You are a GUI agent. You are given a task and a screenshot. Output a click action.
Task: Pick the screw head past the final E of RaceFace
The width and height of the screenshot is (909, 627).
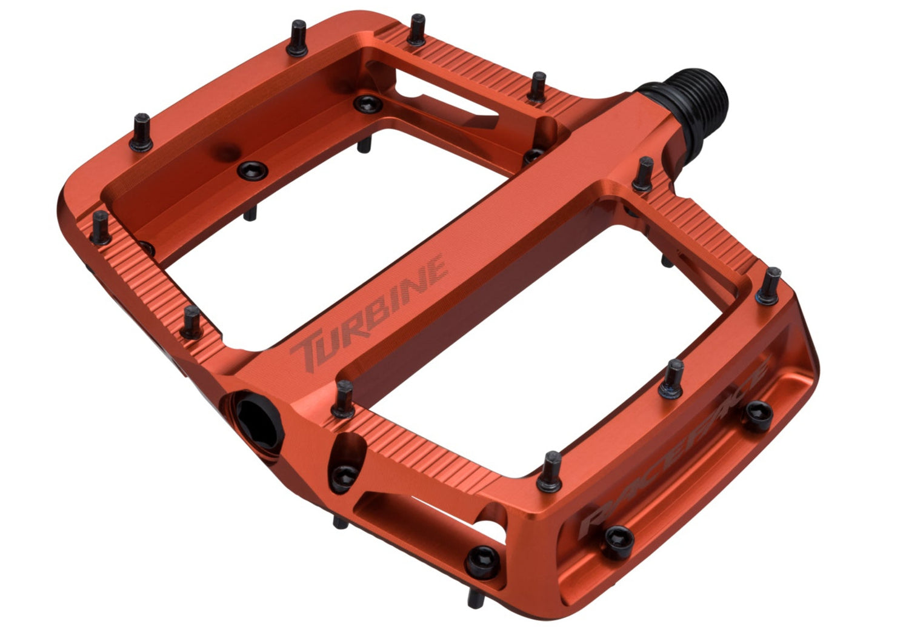[758, 413]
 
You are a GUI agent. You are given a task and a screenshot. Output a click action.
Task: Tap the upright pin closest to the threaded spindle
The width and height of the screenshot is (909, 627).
[643, 173]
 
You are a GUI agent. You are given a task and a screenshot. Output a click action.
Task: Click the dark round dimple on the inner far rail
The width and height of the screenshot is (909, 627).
[227, 149]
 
